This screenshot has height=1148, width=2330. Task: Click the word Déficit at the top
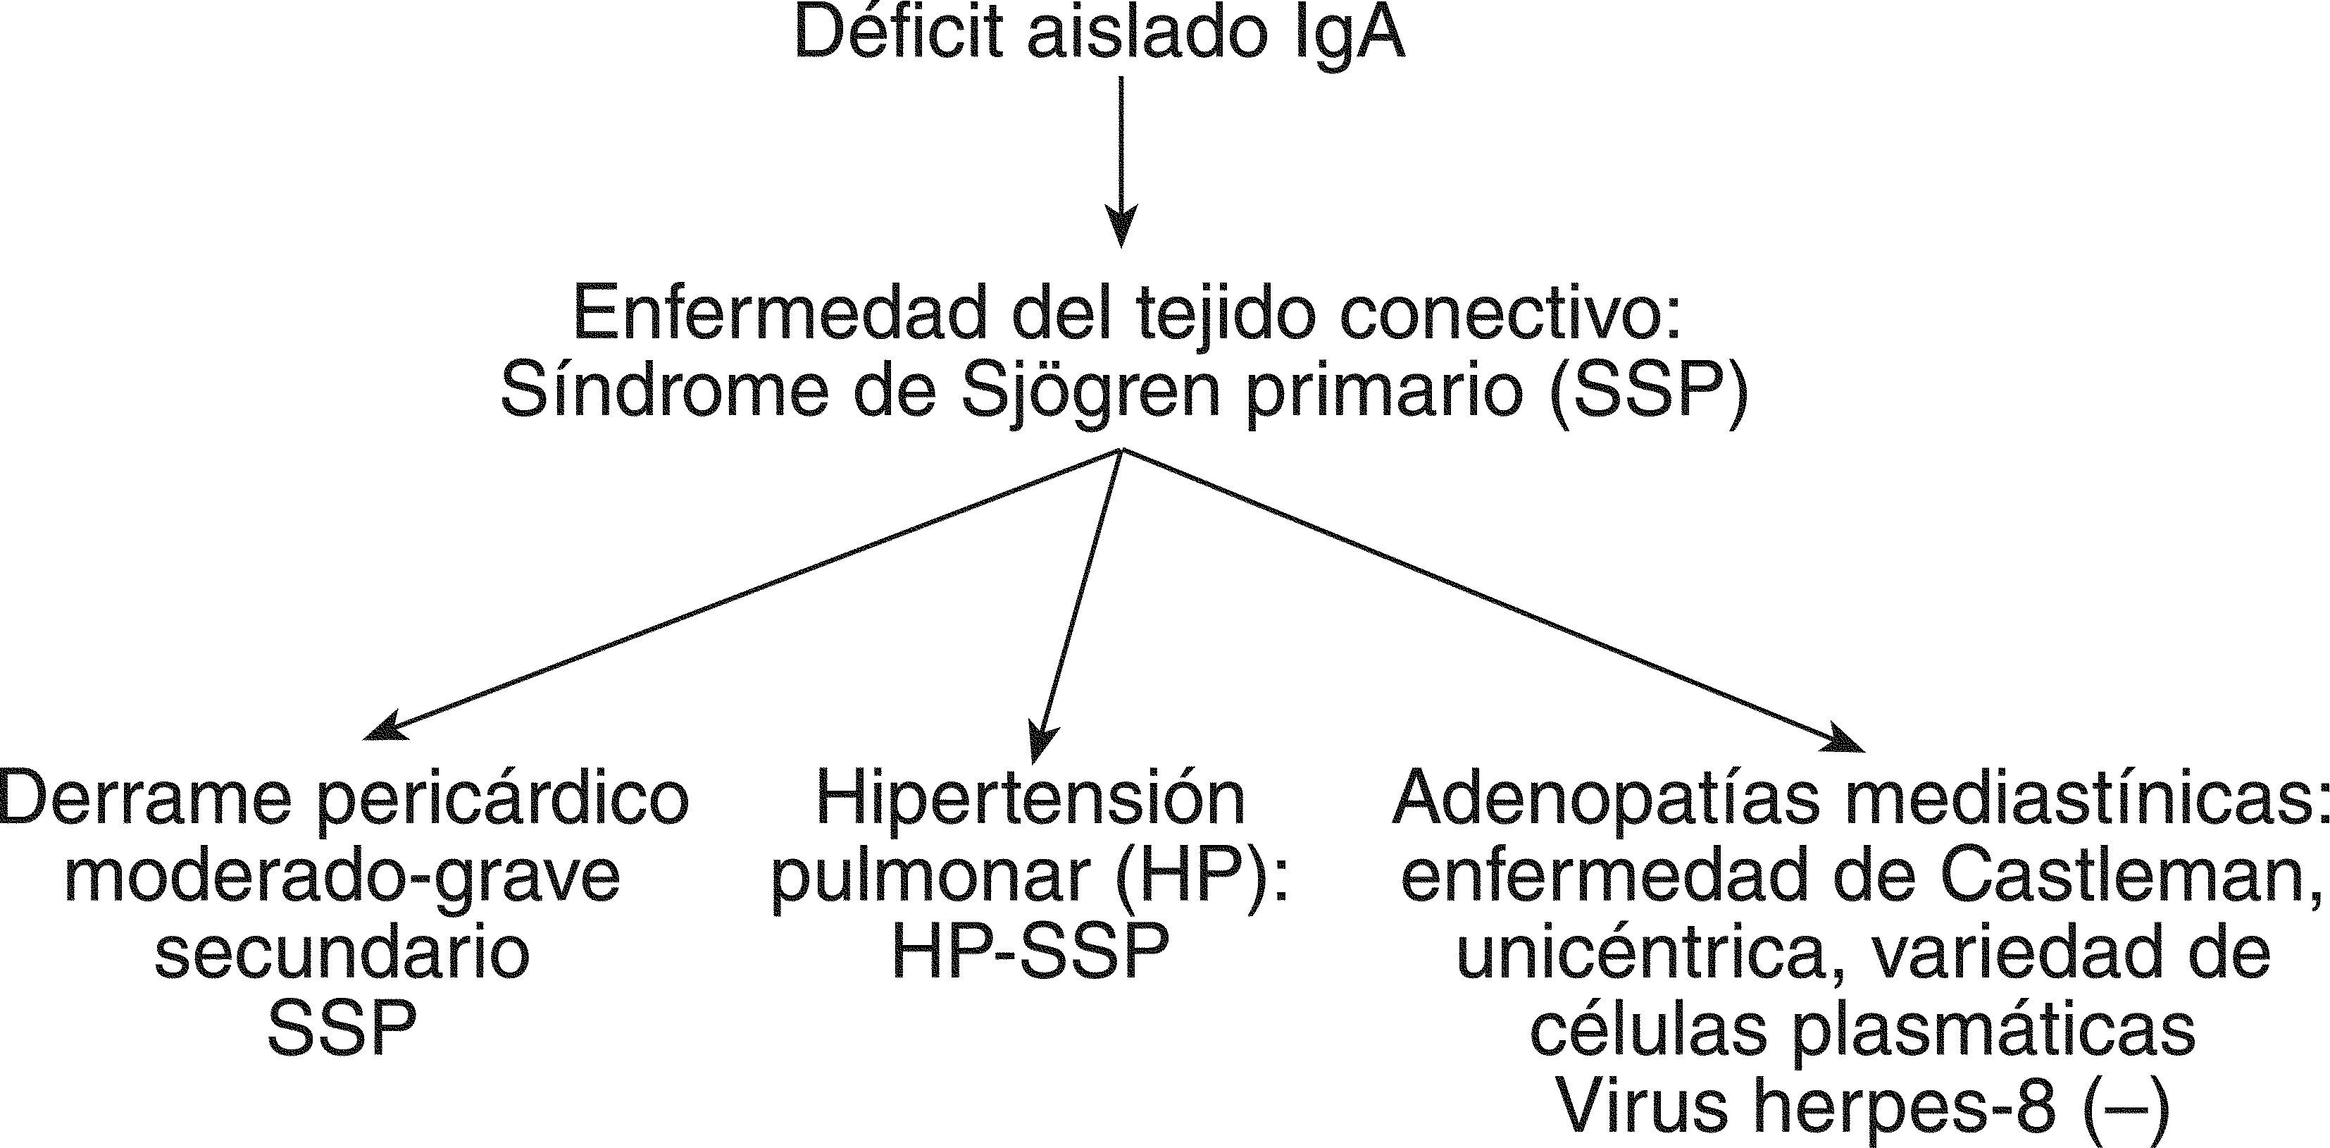(x=898, y=35)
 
